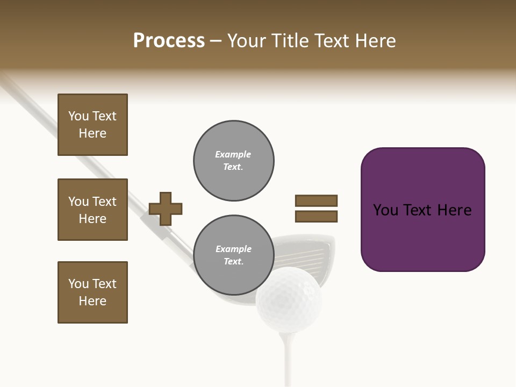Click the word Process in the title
coord(169,41)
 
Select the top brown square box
coord(92,125)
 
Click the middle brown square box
coord(92,210)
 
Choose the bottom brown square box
coord(92,292)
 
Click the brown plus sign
coord(166,209)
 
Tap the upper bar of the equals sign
coord(316,200)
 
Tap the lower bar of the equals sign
coord(316,217)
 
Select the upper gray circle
coord(234,161)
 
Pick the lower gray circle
coord(234,255)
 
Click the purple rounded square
coord(422,210)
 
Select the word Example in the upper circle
coord(233,154)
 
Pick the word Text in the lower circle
coord(233,262)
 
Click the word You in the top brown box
coord(78,116)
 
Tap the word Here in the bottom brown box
coord(92,301)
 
